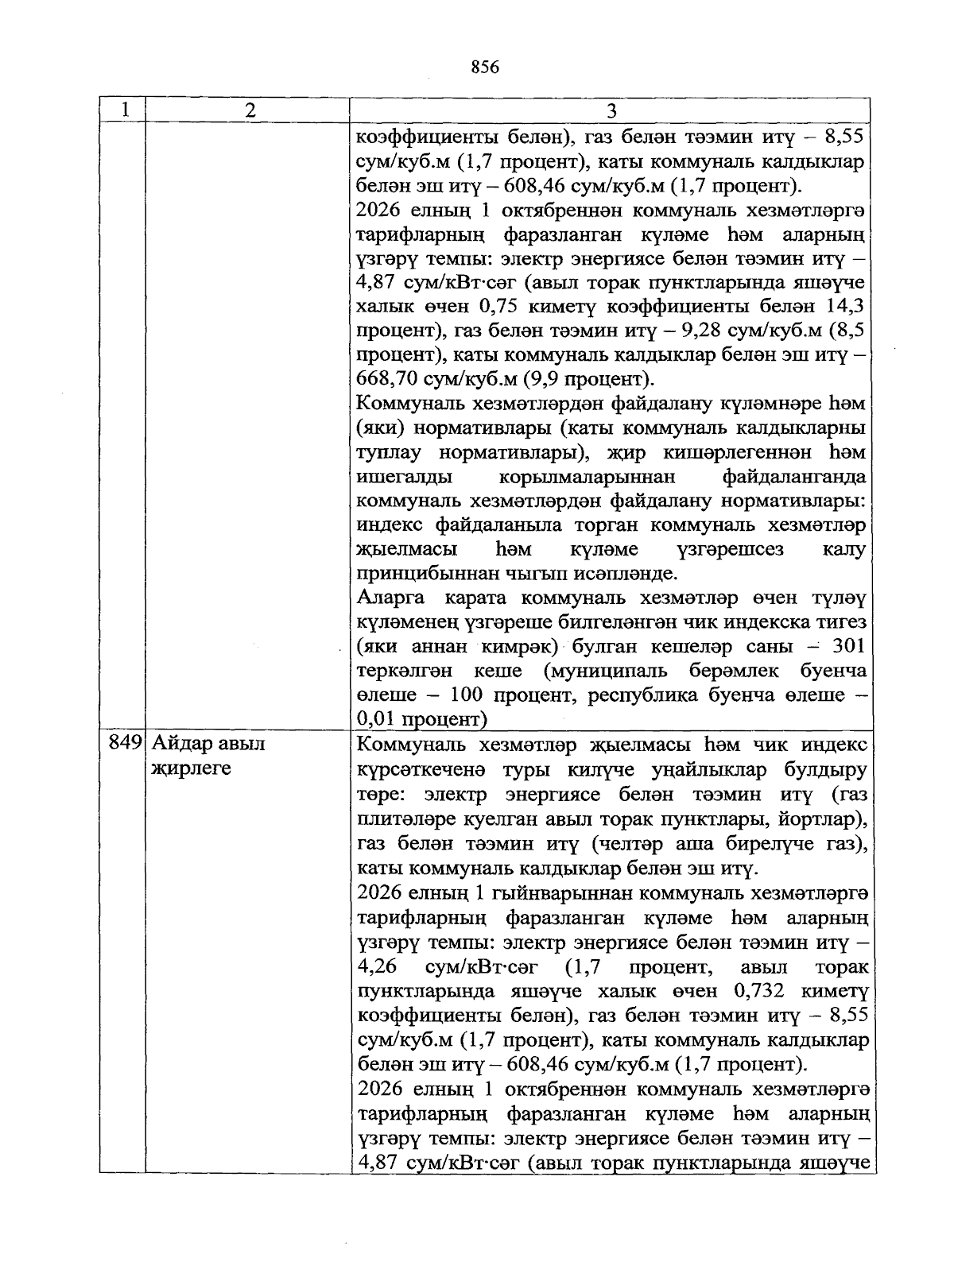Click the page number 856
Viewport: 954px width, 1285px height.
pos(484,68)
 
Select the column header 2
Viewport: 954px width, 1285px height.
pos(250,110)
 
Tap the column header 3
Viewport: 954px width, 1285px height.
pos(611,110)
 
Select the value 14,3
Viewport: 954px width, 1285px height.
pos(846,305)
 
